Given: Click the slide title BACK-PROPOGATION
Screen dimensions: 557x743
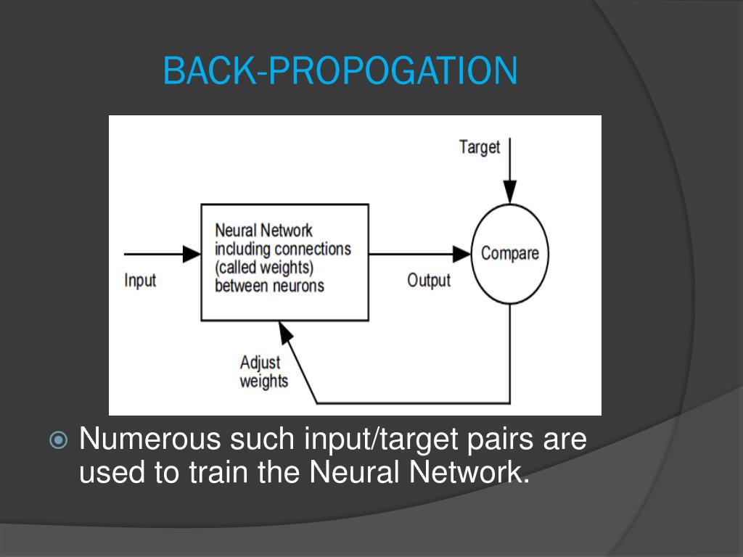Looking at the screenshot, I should [340, 71].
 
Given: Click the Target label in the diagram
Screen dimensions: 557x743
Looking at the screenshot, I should [480, 147].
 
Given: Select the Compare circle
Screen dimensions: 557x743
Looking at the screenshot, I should [510, 253].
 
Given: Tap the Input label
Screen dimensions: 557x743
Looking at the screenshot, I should [140, 280].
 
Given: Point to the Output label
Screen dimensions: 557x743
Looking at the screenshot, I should [429, 280].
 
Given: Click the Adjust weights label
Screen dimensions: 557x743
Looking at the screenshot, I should [263, 371].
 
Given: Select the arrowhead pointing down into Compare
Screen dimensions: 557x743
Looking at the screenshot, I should [510, 191].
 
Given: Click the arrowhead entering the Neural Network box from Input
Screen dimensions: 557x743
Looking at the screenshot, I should [192, 253].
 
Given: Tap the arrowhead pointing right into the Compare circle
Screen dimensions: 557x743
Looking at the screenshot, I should [462, 253].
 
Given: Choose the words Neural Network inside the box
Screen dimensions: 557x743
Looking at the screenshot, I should [263, 231].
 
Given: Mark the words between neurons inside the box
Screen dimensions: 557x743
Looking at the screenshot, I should [269, 285].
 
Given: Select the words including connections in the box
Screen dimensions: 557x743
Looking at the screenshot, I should [282, 249].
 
